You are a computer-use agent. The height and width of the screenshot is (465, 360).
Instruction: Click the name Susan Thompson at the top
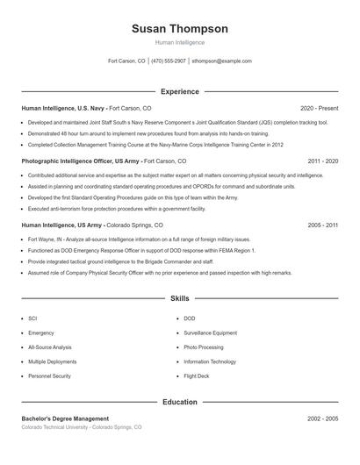tap(179, 28)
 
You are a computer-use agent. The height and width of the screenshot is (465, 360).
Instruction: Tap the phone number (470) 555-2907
tap(169, 61)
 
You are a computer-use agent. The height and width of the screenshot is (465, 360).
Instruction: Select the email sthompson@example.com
tap(221, 61)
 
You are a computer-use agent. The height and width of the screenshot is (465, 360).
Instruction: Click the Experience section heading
tap(179, 91)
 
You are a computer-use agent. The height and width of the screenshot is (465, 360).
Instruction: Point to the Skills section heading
tap(179, 299)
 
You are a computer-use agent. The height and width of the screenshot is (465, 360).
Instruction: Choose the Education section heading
tap(179, 402)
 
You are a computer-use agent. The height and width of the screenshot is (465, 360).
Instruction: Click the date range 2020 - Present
tap(319, 108)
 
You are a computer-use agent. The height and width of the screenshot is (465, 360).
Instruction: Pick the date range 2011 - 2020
tap(322, 161)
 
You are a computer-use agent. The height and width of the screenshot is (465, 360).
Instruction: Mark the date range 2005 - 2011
tap(322, 225)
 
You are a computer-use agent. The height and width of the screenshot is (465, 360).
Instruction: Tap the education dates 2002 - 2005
tap(322, 418)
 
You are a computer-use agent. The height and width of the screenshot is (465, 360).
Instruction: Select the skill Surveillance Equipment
tap(210, 333)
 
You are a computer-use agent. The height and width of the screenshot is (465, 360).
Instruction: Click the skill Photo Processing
tap(203, 347)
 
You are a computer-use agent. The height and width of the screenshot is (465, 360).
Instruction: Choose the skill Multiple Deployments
tap(52, 361)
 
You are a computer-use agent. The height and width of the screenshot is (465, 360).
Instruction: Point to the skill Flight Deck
tap(197, 376)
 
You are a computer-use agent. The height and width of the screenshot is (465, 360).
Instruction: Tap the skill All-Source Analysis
tap(50, 347)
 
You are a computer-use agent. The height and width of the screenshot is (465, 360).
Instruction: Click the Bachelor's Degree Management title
tap(65, 418)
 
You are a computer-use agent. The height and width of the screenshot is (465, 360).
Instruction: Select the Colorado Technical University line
tap(81, 427)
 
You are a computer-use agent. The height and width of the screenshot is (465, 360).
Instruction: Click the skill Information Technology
tap(210, 361)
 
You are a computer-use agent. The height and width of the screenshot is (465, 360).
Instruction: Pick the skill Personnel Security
tap(49, 376)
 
